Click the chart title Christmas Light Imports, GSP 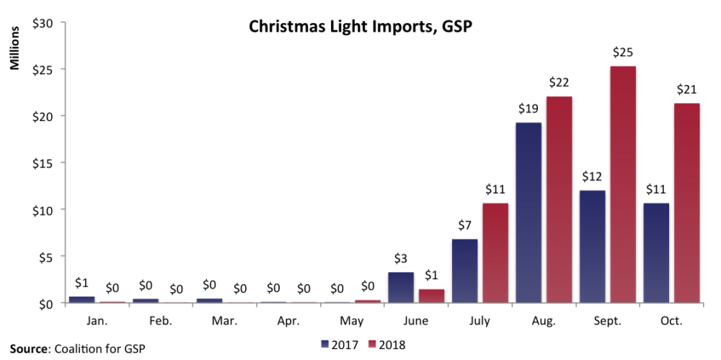pos(360,27)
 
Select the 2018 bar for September pos(623,185)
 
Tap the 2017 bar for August pos(528,213)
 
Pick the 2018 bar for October pos(686,203)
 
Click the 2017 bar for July pos(464,271)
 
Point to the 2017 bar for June pos(401,287)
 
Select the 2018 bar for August pos(559,200)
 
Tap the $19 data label pos(528,109)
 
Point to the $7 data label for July pos(464,226)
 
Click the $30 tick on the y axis pos(44,22)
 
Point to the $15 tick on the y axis pos(44,163)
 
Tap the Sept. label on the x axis pos(607,320)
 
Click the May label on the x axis pos(353,320)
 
